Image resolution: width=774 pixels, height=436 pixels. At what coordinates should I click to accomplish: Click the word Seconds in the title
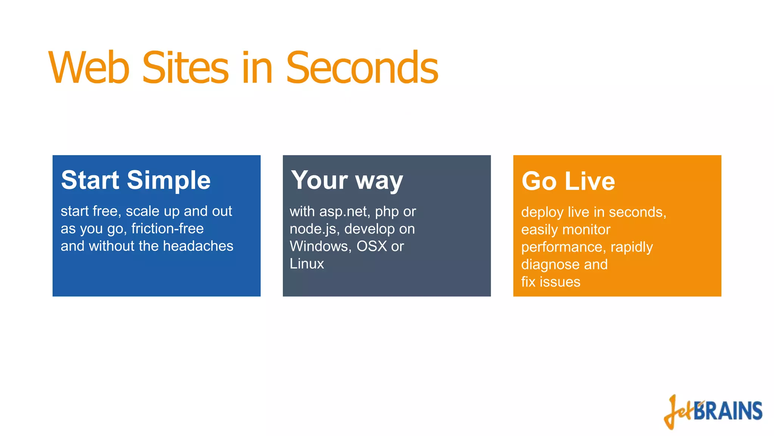coord(362,68)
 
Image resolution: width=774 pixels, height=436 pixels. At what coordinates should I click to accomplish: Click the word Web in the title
coord(89,68)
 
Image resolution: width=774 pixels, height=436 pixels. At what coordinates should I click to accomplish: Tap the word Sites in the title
coord(185,68)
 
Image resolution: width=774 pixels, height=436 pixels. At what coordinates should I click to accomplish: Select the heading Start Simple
coord(136,180)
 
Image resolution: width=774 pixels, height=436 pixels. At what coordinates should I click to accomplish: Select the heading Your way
coord(347,181)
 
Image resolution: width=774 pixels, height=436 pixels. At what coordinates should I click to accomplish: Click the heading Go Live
coord(568,181)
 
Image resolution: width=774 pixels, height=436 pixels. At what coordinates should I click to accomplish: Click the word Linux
coord(307,264)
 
